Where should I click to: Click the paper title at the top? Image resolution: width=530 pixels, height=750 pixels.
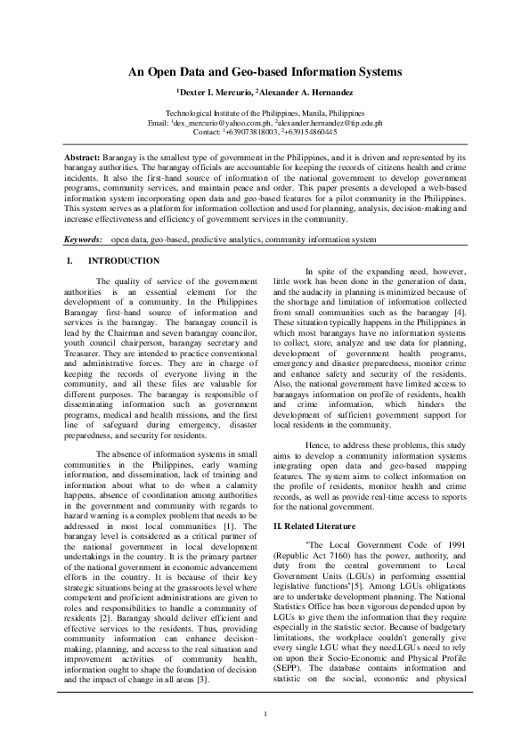265,71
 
